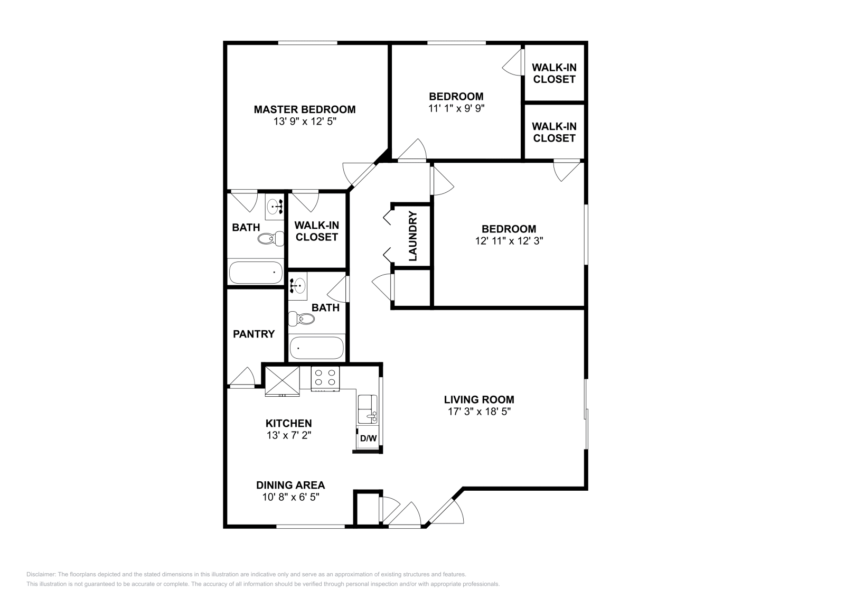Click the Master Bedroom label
304,109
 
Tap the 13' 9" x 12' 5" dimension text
304,122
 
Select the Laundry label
413,236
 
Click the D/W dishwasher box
368,438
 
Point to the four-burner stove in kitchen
325,378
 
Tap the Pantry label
253,334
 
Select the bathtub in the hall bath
316,348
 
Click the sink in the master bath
274,207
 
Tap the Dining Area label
290,485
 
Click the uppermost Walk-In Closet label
553,73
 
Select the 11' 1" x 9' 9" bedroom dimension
456,108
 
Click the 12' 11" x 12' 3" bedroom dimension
509,241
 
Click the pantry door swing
243,377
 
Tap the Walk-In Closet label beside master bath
316,231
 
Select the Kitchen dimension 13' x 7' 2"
288,435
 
